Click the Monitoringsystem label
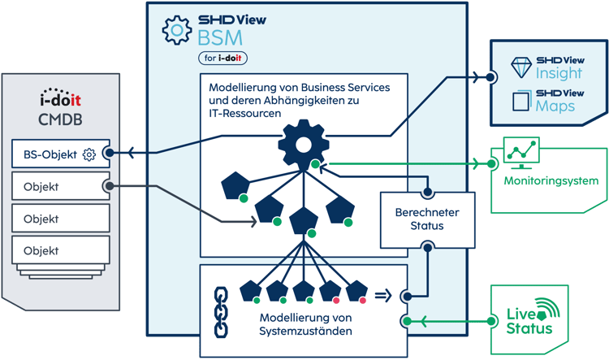tap(551, 180)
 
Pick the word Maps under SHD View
tap(555, 106)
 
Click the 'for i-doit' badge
tap(222, 58)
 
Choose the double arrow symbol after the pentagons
tap(384, 295)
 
